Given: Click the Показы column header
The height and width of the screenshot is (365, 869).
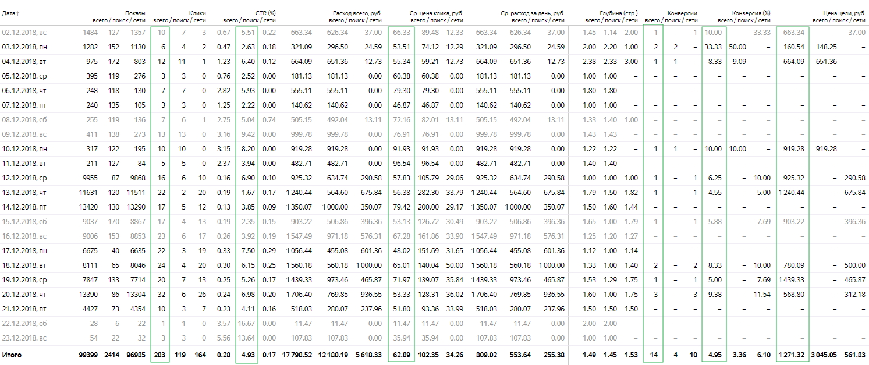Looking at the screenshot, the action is tap(135, 13).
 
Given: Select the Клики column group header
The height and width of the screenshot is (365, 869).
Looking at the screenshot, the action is tap(197, 13).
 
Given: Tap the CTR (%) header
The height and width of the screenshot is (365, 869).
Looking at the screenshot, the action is tap(265, 13).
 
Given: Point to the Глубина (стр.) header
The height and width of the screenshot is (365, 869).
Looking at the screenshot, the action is tap(619, 13).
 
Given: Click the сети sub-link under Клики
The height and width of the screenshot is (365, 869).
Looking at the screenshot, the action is tap(200, 20).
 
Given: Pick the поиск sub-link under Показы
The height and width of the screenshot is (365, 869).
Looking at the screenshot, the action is tap(120, 20).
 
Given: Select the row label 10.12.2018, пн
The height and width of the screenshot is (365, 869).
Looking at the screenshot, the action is tap(24, 149).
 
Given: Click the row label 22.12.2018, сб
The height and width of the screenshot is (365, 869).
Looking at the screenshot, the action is tap(24, 324).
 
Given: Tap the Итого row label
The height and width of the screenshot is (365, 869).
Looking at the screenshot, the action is tap(12, 355).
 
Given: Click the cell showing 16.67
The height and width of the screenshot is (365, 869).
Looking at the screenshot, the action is tap(246, 324).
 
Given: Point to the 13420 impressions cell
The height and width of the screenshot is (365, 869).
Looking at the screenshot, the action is tap(88, 207).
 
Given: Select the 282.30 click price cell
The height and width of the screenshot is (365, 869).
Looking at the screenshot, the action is tap(428, 192).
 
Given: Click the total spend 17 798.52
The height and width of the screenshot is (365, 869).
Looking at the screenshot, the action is tap(297, 355).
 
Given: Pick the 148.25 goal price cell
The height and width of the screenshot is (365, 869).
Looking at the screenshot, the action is tap(827, 47).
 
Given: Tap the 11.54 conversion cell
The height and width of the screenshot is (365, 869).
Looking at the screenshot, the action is tap(762, 295).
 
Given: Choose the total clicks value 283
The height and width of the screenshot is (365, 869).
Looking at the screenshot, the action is tap(159, 355).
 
